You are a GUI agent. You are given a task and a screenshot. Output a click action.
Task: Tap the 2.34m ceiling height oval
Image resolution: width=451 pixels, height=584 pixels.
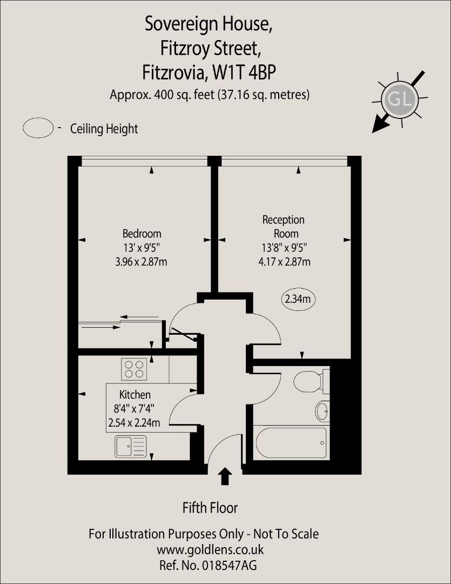pos(299,298)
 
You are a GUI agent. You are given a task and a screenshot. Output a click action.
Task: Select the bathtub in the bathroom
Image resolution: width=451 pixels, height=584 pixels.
pos(292,443)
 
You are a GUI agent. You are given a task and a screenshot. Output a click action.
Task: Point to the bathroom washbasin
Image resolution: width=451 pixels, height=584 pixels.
pos(322,412)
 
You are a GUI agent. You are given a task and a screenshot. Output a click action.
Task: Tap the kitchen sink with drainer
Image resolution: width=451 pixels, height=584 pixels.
pos(130,447)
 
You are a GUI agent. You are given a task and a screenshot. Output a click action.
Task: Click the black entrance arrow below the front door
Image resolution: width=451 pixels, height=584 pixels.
pos(225,476)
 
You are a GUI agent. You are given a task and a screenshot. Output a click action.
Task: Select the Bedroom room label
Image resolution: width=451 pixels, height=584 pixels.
pos(142,234)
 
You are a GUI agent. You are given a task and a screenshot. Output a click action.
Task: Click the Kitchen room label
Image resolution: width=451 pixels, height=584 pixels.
pos(135,395)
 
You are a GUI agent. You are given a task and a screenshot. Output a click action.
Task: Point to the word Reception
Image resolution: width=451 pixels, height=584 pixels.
pos(284,220)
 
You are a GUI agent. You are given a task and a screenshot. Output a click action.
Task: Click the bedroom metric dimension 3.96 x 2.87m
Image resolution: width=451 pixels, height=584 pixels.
pos(142,262)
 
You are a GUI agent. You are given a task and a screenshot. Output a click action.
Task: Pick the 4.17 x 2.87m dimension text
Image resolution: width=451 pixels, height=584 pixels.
pos(285,262)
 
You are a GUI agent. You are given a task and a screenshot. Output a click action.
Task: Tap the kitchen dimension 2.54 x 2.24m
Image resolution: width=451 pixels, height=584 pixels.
pos(134,423)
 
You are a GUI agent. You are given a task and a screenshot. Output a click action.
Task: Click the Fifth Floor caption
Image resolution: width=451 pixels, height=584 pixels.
pos(210,508)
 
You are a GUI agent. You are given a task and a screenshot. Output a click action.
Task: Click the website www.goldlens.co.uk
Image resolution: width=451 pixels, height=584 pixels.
pos(210,550)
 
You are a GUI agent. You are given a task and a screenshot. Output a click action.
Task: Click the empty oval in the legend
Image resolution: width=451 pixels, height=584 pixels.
pos(38,128)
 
